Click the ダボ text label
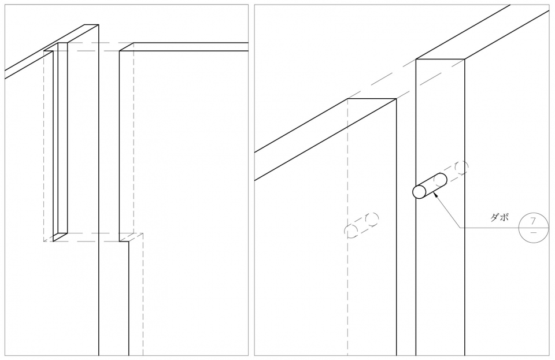coord(499,217)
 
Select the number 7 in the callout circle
coord(533,221)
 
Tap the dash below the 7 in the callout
coord(534,232)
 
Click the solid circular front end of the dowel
coord(419,192)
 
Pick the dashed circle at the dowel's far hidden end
coord(461,167)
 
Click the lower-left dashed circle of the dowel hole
coord(351,231)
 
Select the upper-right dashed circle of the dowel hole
coord(372,219)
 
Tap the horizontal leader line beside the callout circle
coord(490,228)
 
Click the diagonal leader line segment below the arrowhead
coord(449,213)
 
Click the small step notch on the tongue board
coord(124,241)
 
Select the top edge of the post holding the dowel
coord(441,59)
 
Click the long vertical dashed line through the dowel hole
coord(347,227)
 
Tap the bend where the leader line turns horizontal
coord(461,228)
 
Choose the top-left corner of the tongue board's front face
coord(120,51)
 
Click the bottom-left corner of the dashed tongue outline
coord(43,242)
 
